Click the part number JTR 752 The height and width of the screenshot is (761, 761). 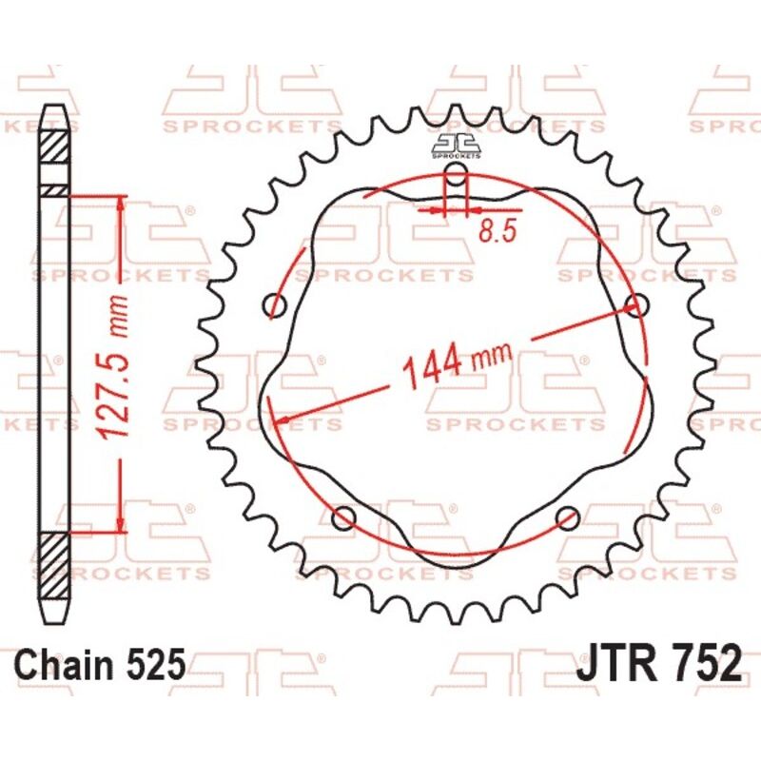[x=657, y=662]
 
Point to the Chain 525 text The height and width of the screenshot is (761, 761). [x=101, y=664]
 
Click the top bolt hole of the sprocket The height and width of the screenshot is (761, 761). [x=458, y=174]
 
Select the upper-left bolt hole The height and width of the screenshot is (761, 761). [x=276, y=305]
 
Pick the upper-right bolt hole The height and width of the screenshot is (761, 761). [x=637, y=304]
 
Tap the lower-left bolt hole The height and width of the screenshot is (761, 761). [x=344, y=517]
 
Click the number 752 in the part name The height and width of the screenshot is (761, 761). [x=700, y=662]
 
